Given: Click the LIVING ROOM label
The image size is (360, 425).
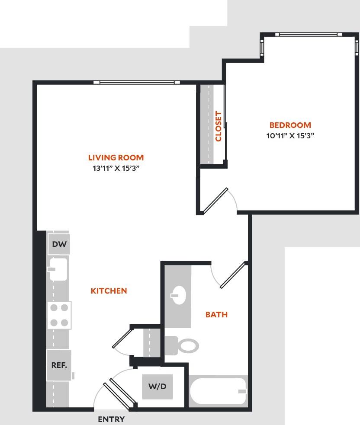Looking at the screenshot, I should tap(116, 158).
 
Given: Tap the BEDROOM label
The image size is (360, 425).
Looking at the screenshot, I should tap(290, 125).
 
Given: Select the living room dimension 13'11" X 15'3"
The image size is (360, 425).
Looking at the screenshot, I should tap(116, 168).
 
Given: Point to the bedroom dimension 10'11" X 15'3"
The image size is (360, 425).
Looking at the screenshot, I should tap(290, 135).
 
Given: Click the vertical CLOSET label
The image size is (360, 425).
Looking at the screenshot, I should tap(219, 126).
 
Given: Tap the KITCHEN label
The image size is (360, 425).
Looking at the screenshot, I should tap(109, 291).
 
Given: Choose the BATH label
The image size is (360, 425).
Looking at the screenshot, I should tap(216, 315).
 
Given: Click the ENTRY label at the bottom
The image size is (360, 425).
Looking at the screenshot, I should tap(111, 419).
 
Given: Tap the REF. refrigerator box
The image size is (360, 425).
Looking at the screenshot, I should tap(59, 365).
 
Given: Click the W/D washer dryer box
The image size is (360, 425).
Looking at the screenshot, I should tap(157, 387).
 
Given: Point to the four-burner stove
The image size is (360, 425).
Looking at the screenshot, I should tap(59, 315).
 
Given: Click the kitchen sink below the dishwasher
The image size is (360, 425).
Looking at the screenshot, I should tap(58, 268).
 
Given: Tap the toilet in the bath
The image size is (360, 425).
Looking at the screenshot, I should tap(183, 345).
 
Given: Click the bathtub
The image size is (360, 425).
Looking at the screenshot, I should tap(218, 391).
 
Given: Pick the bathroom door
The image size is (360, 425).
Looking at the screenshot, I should tap(233, 275).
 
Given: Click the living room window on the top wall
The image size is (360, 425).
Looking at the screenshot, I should tap(137, 82).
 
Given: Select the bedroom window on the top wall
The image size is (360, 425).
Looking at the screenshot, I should tap(309, 35).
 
